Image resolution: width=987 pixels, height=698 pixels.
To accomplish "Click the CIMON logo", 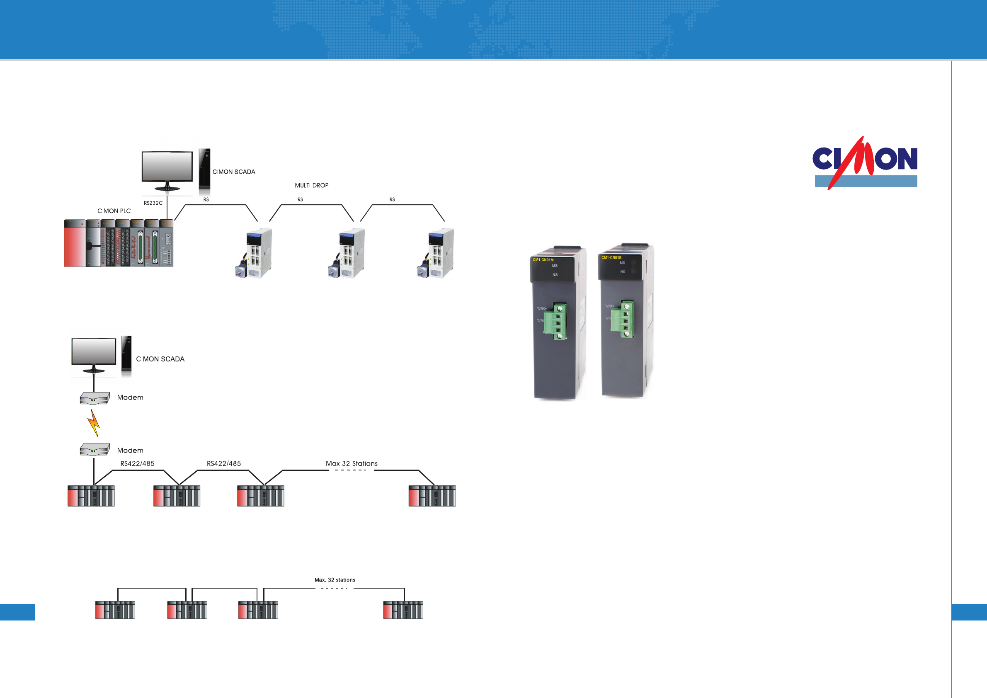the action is pos(865,162).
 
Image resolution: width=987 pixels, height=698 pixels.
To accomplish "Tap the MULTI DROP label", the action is pos(311,185).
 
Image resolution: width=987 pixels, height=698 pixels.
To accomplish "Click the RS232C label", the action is pos(153,203).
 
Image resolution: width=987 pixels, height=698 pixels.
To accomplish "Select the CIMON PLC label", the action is pos(114,211).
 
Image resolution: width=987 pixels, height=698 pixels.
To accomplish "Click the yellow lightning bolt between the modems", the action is pos(94,423).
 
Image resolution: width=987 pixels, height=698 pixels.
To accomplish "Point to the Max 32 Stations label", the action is pos(351,463).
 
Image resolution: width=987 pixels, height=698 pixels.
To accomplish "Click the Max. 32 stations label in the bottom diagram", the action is pos(335,580).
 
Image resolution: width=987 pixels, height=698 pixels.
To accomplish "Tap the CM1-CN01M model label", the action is pos(543,259).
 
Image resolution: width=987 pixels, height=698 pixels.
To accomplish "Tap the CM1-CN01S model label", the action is pos(611,257).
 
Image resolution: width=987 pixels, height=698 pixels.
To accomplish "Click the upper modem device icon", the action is pos(95,398).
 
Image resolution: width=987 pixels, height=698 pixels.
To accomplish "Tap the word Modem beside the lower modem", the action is pos(130,451).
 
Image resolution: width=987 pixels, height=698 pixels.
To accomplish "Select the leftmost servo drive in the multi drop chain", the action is pos(254,254).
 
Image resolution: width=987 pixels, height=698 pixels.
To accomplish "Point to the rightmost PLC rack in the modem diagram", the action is pos(432,496).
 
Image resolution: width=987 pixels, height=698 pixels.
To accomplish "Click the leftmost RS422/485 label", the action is pos(137,463).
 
